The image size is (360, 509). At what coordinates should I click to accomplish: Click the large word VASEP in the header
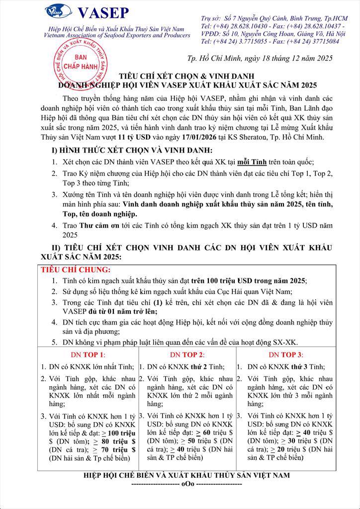(x=103, y=12)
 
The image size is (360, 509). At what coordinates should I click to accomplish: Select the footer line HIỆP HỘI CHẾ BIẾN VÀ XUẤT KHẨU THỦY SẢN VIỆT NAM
(x=186, y=476)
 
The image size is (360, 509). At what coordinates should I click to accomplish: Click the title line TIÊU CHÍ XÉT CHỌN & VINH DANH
(x=180, y=77)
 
